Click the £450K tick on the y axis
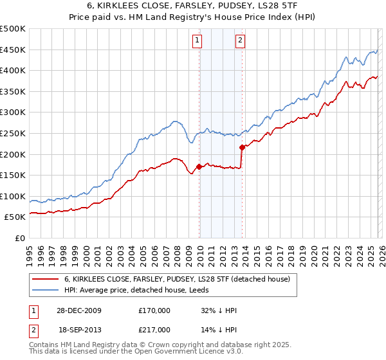point(13,50)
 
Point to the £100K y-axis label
point(13,196)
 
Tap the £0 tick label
point(20,238)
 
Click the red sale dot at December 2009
point(199,167)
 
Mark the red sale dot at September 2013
point(242,147)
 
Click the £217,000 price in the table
point(154,329)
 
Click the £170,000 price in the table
point(154,310)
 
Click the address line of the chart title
point(193,6)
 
